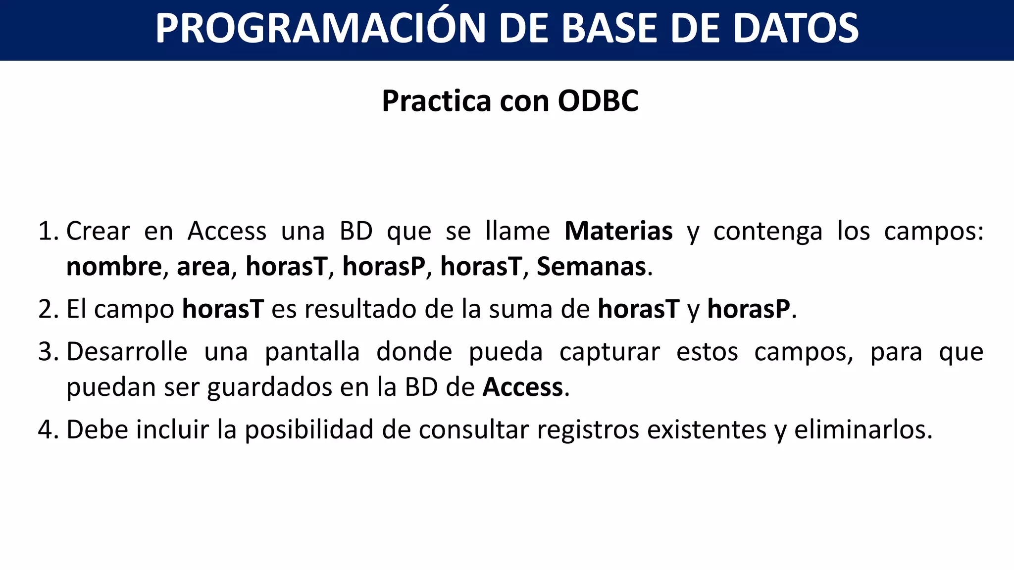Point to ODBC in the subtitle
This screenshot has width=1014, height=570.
coord(598,101)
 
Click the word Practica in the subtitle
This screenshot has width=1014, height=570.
coord(436,101)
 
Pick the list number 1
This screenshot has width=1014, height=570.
coord(48,232)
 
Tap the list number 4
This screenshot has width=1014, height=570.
coord(48,429)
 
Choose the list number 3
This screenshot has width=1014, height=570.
coord(48,352)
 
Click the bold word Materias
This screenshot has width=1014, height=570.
coord(618,231)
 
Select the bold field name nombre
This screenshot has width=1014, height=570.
coord(114,267)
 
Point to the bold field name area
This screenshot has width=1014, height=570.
coord(203,267)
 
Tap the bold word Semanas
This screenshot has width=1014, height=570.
coord(592,267)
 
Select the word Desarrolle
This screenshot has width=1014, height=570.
coord(127,352)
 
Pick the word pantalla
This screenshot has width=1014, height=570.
coord(312,352)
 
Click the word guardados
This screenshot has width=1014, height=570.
coord(269,387)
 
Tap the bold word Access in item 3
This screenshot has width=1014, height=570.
coord(523,387)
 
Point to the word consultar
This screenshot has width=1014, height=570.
coord(473,429)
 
